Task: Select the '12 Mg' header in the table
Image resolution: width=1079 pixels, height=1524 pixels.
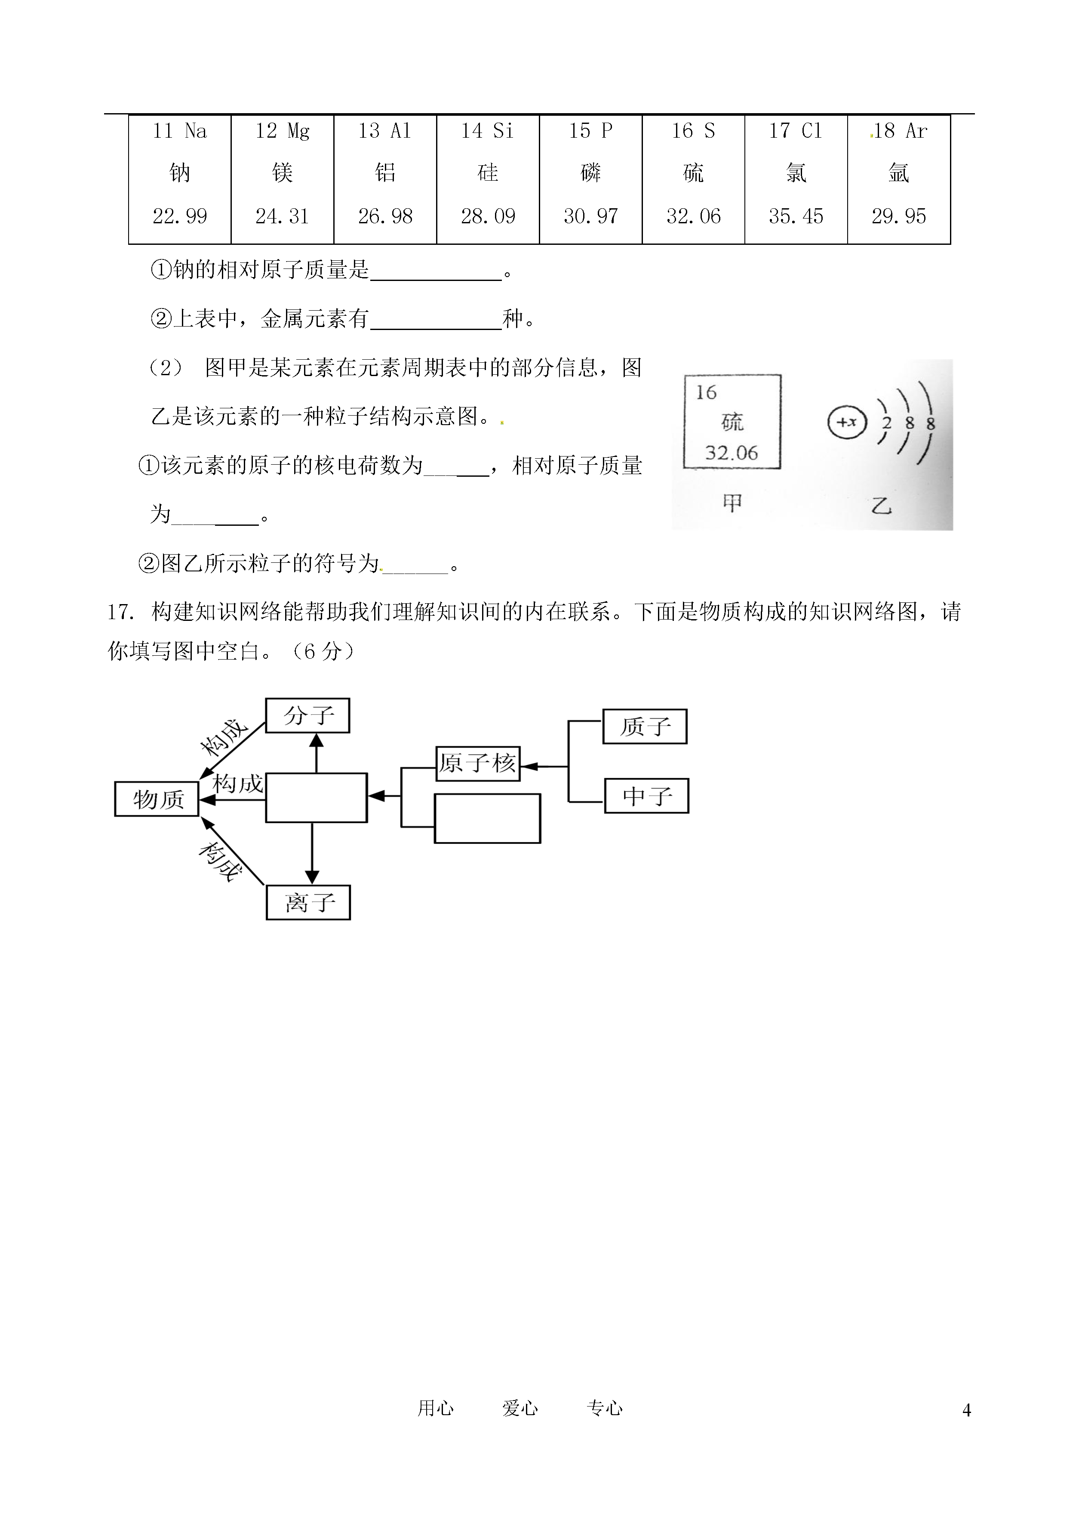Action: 283,131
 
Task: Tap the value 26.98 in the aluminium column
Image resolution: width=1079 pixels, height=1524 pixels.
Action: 385,216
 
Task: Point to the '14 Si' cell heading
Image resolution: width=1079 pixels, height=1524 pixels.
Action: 488,131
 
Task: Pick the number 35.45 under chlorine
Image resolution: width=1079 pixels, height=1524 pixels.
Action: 796,216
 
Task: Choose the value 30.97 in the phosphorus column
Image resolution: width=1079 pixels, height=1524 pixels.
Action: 590,216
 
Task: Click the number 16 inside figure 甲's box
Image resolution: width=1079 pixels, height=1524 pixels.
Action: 706,393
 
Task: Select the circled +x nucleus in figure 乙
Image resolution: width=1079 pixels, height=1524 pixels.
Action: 847,422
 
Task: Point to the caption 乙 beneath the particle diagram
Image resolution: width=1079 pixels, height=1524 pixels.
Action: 881,506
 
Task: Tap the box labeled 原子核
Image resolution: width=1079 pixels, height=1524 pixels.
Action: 478,763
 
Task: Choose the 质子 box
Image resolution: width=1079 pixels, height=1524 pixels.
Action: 645,726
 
